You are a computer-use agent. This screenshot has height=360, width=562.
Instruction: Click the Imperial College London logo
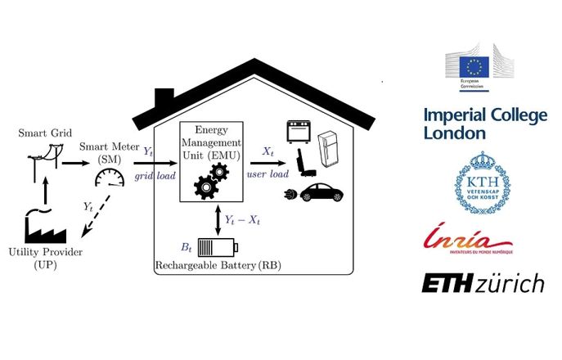click(485, 124)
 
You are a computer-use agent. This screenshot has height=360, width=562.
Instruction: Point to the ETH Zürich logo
click(483, 284)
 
